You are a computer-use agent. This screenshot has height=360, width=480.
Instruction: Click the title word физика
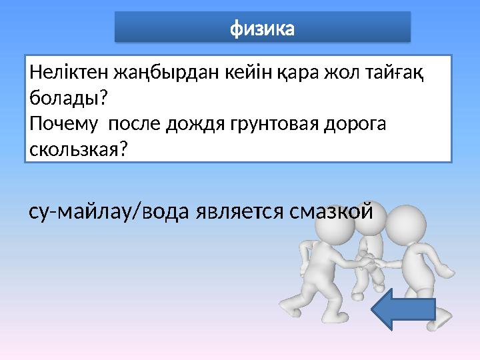[262, 29]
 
